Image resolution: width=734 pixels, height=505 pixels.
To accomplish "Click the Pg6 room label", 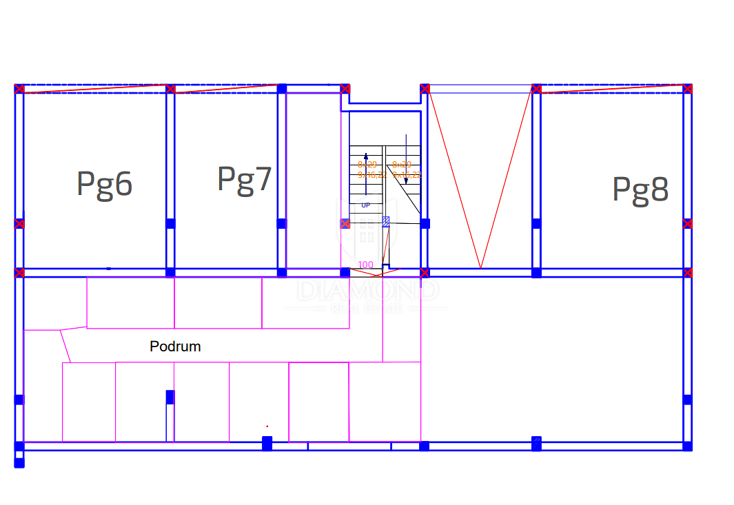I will point(104,184).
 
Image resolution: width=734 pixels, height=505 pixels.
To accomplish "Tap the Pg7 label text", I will point(245,179).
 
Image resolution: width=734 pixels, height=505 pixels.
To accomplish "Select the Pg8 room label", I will point(640,189).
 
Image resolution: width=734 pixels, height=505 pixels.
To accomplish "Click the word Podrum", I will point(175,347).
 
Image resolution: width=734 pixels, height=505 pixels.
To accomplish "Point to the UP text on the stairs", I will point(365,205).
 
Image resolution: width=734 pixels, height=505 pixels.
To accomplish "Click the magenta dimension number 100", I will point(365,265).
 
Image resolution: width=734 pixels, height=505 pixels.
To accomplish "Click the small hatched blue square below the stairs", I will point(386,221).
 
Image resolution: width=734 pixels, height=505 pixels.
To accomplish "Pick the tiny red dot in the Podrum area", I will point(267,426).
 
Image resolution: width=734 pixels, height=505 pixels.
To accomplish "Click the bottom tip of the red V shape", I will point(480,267).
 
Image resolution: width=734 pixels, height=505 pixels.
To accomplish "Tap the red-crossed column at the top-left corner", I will point(19,89).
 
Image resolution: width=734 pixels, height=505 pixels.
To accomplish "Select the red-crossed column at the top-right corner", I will point(688,88).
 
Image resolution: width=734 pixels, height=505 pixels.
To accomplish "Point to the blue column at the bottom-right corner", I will point(687,446).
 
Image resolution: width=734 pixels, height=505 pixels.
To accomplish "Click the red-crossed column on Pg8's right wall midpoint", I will point(688,223).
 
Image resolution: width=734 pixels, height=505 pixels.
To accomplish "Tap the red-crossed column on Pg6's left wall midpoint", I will point(19,223).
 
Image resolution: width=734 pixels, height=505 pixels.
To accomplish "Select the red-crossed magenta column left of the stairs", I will point(345,223).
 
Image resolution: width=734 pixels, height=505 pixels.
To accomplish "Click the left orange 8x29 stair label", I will point(367,165).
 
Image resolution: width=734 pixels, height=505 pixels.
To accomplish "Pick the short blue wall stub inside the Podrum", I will point(170,413).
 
